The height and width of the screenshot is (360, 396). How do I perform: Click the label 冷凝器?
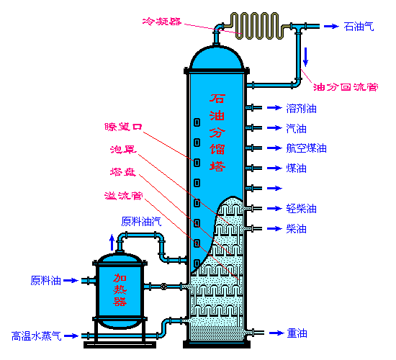(162, 22)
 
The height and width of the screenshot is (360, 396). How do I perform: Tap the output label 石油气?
(359, 27)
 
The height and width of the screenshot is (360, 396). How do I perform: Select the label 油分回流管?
(346, 87)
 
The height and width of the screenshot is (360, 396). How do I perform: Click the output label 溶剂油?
(301, 109)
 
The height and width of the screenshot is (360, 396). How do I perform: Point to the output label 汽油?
(296, 129)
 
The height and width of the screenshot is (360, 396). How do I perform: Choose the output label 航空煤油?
(306, 148)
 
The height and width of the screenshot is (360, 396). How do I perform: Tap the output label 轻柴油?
(301, 209)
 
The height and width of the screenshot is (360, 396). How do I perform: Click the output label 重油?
(297, 333)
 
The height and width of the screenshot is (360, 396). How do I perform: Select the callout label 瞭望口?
(124, 127)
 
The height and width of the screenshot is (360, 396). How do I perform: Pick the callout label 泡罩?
(124, 149)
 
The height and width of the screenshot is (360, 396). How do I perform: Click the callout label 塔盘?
(123, 172)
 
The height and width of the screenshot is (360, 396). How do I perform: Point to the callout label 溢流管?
(124, 196)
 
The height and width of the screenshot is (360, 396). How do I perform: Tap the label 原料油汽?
(141, 222)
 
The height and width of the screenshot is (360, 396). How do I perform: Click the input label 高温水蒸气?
(37, 336)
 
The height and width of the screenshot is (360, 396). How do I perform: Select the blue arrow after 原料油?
(71, 280)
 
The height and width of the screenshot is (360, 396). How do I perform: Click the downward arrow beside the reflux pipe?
(305, 57)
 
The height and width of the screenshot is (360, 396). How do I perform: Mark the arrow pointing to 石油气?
(332, 26)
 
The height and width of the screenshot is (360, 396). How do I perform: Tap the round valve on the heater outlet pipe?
(163, 287)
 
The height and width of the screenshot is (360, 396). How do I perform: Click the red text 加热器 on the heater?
(120, 289)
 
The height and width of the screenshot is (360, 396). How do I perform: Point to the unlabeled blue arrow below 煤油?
(274, 188)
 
